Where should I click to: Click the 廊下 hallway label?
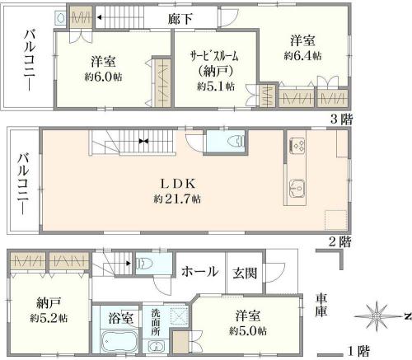(x=180, y=19)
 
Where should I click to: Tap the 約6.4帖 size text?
(x=302, y=56)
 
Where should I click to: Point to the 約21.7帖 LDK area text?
(x=177, y=199)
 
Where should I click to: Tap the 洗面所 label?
(x=155, y=322)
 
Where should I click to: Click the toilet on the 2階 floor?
(x=236, y=141)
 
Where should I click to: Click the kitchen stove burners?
(x=297, y=145)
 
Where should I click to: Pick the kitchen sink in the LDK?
(x=297, y=188)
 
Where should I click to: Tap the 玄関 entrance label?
(x=245, y=273)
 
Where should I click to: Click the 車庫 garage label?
(x=321, y=305)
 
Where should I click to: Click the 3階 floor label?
(x=341, y=119)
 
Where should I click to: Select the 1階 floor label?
(x=358, y=351)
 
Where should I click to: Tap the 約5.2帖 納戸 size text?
(x=49, y=318)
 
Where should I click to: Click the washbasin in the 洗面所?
(x=156, y=346)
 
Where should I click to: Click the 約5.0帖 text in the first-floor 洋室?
(x=248, y=330)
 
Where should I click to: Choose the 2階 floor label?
(x=340, y=242)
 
